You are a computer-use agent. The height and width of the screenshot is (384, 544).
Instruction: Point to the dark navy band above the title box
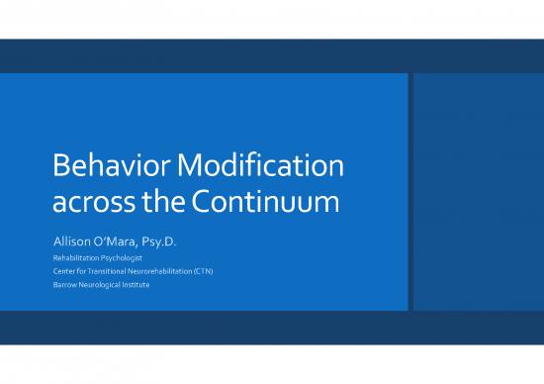(272, 55)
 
